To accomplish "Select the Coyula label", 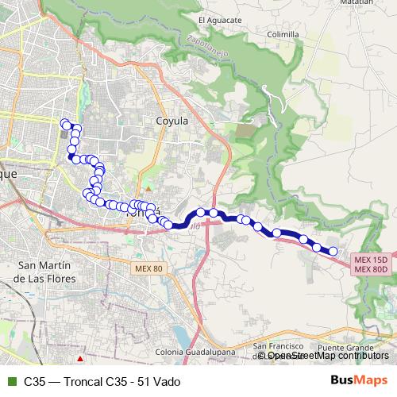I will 171,121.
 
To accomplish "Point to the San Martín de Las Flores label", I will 46,272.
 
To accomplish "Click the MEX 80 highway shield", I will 147,269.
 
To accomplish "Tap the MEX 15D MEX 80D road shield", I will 371,264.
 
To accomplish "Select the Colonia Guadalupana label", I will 195,352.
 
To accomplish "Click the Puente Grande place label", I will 344,348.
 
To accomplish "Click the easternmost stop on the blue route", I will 333,252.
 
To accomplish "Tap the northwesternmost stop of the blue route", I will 65,123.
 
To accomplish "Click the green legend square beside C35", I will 10,380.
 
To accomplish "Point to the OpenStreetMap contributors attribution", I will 326,355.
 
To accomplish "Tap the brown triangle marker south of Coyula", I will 147,187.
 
